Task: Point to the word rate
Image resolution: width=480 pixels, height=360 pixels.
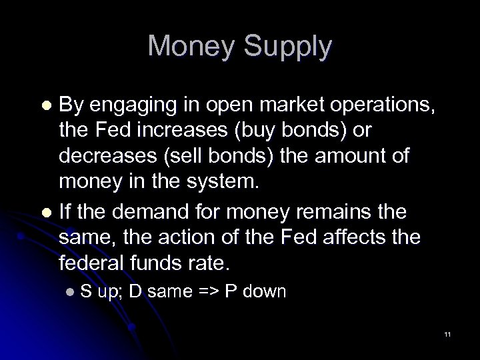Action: click(209, 263)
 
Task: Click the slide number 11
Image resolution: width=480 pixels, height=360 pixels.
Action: click(447, 334)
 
